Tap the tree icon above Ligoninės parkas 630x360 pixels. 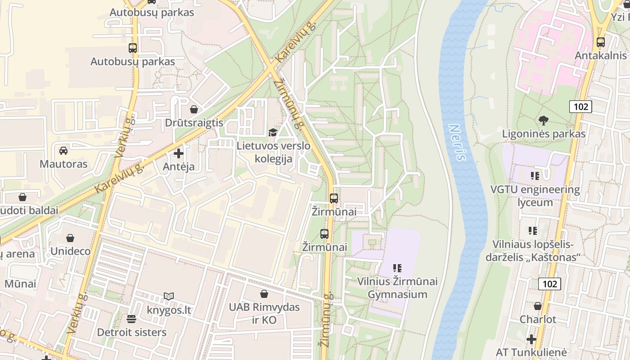pos(544,120)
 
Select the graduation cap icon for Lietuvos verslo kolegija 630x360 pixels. pos(273,132)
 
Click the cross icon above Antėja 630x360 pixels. pos(179,153)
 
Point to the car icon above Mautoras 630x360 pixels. pos(63,150)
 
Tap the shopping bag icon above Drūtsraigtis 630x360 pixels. pos(193,109)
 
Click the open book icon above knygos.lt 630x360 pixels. pos(169,296)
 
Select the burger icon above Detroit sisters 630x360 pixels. pos(131,319)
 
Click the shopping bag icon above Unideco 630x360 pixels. pos(70,238)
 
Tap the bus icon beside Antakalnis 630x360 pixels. pos(600,42)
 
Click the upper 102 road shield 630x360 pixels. pos(580,107)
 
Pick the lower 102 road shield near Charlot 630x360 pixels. pos(549,283)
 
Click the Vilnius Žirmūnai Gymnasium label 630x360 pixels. pos(397,288)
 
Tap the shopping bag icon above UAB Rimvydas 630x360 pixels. pos(264,293)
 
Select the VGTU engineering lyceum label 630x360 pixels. pos(535,196)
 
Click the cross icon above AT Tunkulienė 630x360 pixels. pos(531,339)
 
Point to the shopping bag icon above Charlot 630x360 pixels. pos(538,306)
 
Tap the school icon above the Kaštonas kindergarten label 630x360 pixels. pos(533,231)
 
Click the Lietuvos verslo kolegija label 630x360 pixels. pos(274,152)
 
